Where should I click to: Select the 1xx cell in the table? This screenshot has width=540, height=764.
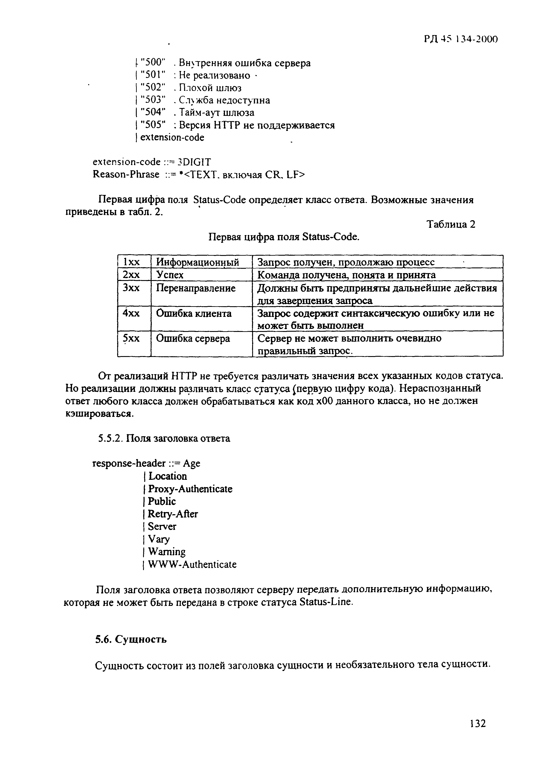(x=131, y=262)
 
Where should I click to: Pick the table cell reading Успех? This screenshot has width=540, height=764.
(x=170, y=275)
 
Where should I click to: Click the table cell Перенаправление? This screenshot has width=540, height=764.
(x=196, y=288)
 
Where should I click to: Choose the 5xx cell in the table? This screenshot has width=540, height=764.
(x=131, y=339)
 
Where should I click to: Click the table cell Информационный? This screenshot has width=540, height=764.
(x=198, y=262)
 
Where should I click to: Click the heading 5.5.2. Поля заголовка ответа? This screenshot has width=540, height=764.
(x=164, y=439)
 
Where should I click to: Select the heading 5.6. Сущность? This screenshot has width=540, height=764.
(x=131, y=640)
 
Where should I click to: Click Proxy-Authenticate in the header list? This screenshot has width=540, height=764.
(x=190, y=489)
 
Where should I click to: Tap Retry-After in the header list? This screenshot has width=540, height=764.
(x=173, y=514)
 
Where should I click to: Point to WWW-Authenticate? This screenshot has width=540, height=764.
(x=192, y=564)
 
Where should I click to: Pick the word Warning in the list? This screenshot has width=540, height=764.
(x=167, y=552)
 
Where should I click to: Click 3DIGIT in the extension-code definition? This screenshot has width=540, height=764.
(x=194, y=162)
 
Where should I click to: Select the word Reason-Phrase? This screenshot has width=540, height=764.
(x=126, y=174)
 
